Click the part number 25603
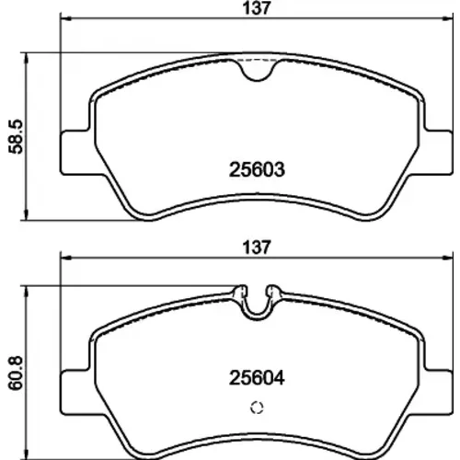click(x=257, y=169)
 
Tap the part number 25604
click(x=257, y=378)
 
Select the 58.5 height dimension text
click(x=16, y=136)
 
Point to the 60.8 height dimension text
click(x=16, y=373)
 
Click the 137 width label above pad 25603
click(x=257, y=8)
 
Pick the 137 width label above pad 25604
click(x=257, y=247)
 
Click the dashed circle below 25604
click(x=257, y=408)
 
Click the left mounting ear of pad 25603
click(x=76, y=153)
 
